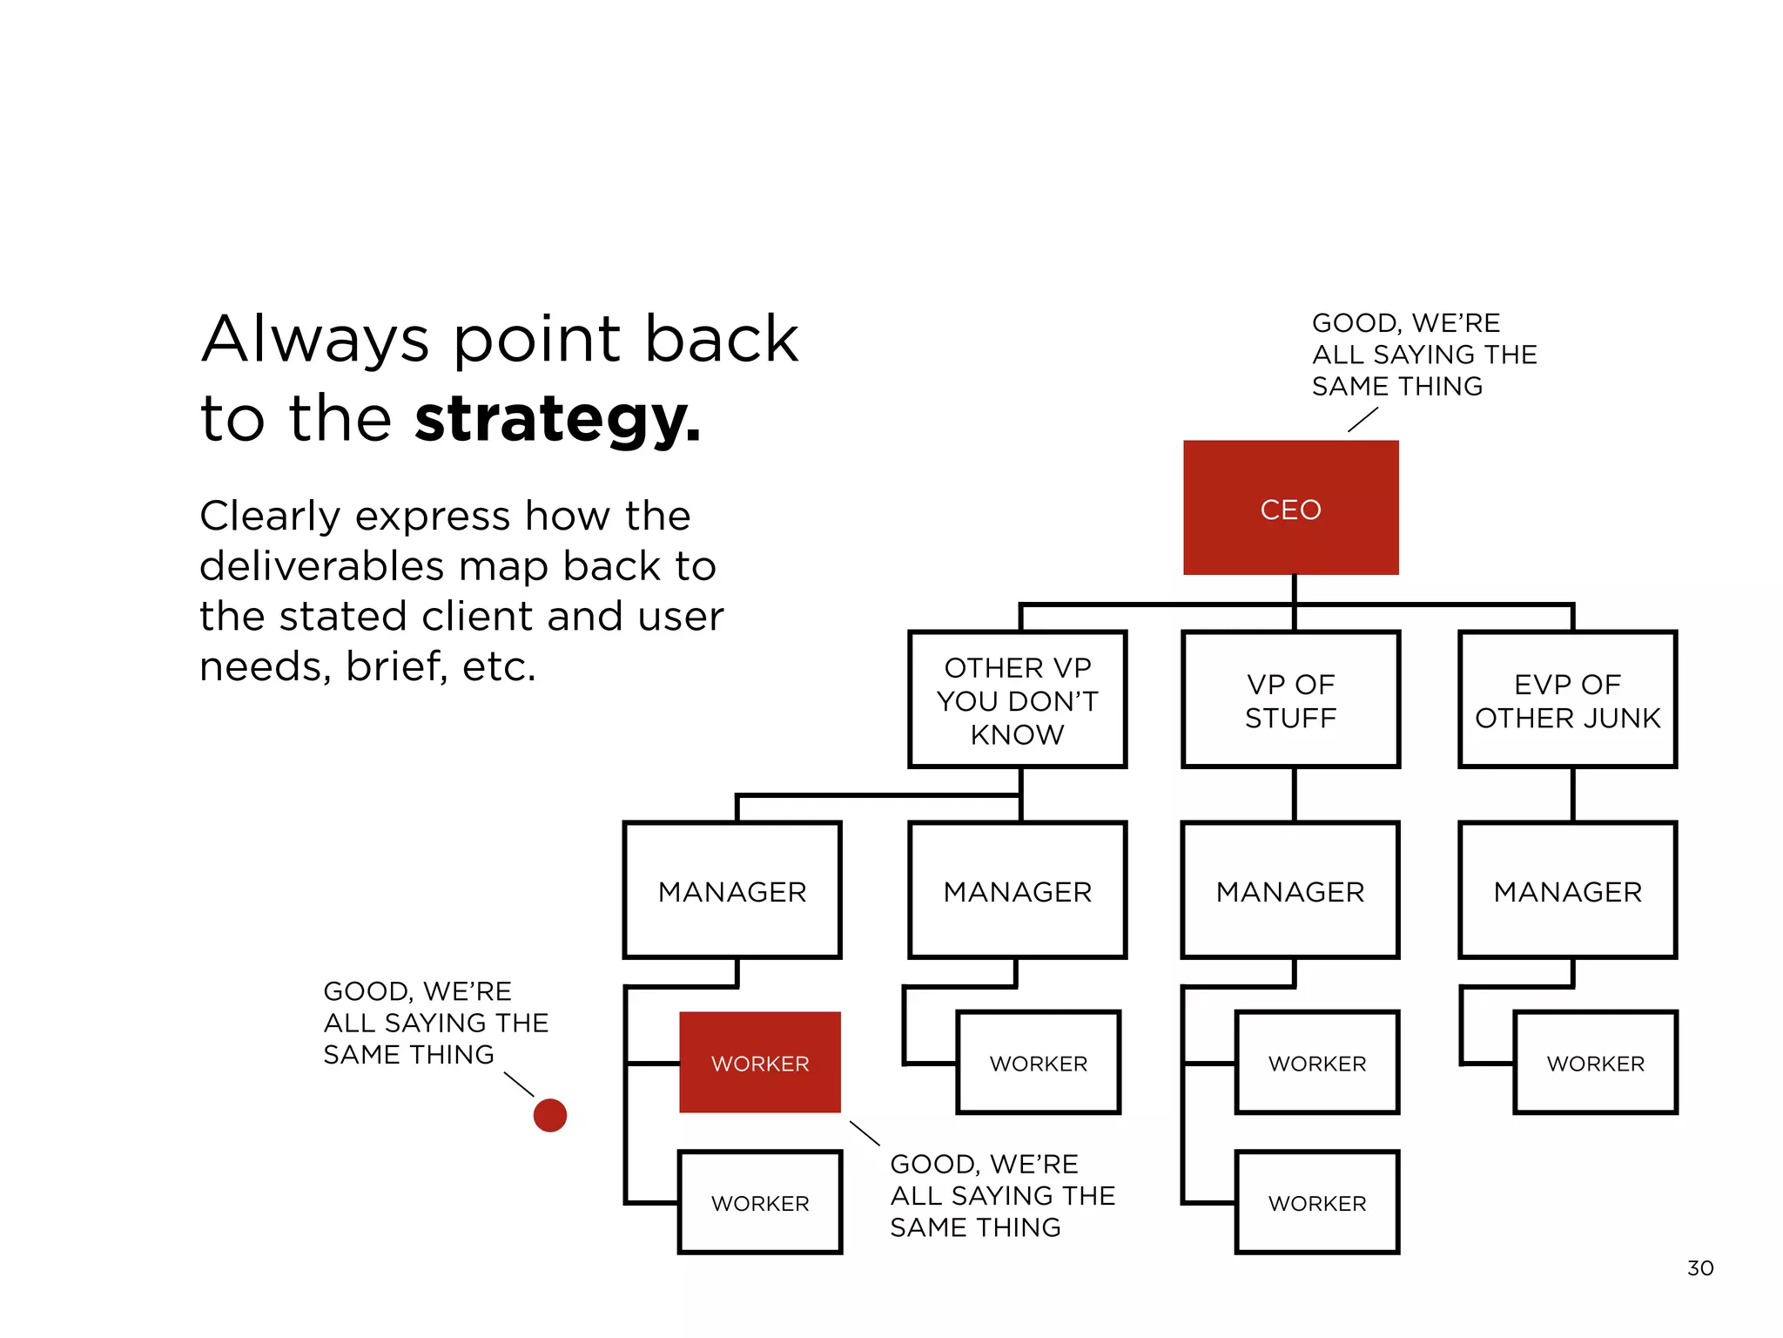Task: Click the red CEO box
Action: click(x=1290, y=508)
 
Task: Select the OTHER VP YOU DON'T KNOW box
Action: click(x=1017, y=700)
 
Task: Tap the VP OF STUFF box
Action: click(x=1290, y=700)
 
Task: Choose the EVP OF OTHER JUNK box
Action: click(x=1567, y=700)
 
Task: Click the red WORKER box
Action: click(x=759, y=1063)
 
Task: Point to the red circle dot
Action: click(x=549, y=1115)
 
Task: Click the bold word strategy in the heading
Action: click(x=557, y=420)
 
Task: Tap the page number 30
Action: click(x=1699, y=1268)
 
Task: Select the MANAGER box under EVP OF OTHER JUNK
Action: click(x=1567, y=891)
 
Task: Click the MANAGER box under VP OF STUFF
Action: click(x=1290, y=891)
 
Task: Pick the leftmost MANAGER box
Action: click(x=732, y=891)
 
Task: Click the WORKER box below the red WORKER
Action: click(x=759, y=1203)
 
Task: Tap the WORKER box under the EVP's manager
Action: click(x=1595, y=1063)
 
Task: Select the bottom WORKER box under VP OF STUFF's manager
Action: click(x=1316, y=1203)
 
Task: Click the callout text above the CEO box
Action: click(x=1423, y=355)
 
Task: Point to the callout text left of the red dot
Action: click(x=435, y=1023)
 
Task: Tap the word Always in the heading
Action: click(x=315, y=340)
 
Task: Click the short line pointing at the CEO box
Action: click(x=1362, y=419)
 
